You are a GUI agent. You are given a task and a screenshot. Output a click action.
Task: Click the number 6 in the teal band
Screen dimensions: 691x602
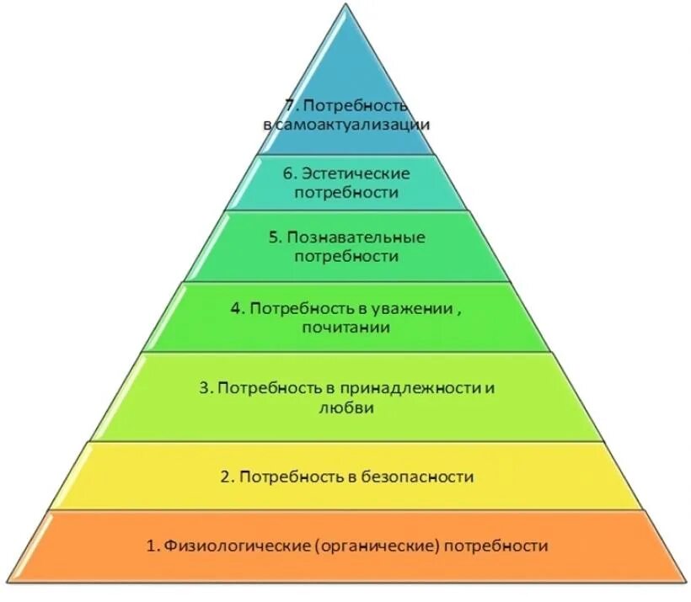[288, 173]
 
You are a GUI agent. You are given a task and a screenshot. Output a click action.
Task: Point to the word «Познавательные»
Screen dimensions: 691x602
[358, 237]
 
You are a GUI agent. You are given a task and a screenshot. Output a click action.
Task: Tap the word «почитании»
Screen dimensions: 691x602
[345, 328]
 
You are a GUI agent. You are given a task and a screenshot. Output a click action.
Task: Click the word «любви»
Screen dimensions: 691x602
[345, 408]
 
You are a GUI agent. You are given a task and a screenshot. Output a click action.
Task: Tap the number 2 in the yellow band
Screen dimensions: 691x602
[225, 477]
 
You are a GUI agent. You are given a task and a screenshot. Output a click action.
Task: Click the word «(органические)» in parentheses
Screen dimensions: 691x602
[379, 546]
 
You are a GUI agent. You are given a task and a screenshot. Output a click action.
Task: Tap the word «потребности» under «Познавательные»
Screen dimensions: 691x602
[345, 256]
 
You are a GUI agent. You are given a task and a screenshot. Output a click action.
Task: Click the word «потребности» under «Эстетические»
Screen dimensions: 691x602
[345, 193]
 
